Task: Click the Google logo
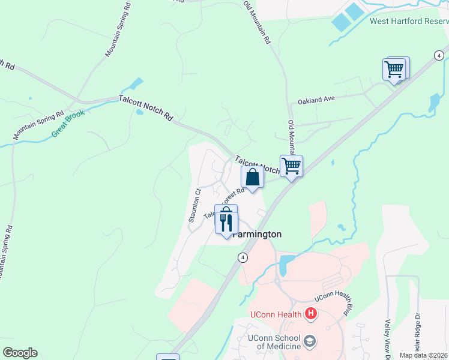(x=20, y=353)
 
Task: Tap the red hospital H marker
(x=310, y=313)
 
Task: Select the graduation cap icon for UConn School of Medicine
(x=310, y=341)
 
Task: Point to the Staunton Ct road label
(x=194, y=206)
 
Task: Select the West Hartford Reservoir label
(x=409, y=21)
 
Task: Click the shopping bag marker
(x=253, y=178)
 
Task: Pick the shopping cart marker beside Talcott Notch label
(x=291, y=165)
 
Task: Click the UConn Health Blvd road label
(x=334, y=298)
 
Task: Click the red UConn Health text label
(x=277, y=314)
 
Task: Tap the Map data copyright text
(x=424, y=355)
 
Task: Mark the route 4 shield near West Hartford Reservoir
(x=439, y=55)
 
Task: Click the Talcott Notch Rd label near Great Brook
(x=145, y=109)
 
